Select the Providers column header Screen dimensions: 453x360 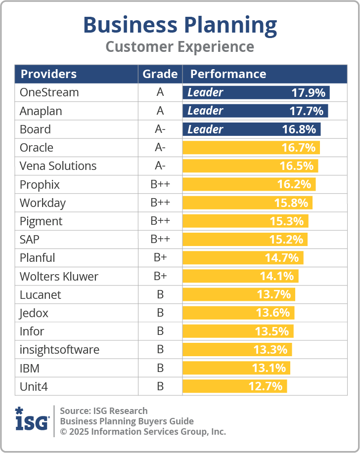coord(48,74)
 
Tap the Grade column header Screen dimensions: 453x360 coord(160,74)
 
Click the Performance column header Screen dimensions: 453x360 coord(228,74)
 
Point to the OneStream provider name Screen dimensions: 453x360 coord(49,92)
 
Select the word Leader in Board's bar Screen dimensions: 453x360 coord(205,129)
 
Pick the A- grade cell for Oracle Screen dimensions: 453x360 coord(160,148)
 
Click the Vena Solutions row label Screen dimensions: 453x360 coord(58,166)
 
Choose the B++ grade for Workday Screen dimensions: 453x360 coord(160,203)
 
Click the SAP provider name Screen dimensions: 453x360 coord(30,240)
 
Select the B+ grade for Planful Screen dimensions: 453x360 coord(160,258)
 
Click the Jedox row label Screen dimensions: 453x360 coord(34,313)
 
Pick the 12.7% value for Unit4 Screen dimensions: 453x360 coord(266,386)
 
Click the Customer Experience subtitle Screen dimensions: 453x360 coord(180,47)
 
